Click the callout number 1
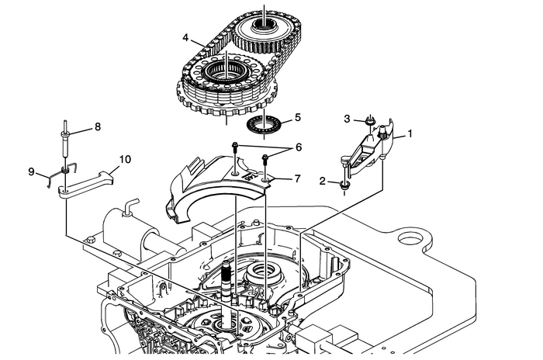pyautogui.click(x=410, y=133)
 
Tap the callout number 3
pyautogui.click(x=349, y=118)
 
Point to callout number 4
pyautogui.click(x=186, y=37)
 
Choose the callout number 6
pyautogui.click(x=298, y=146)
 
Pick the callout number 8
pyautogui.click(x=98, y=126)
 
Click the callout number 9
pyautogui.click(x=33, y=171)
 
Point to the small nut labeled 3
pyautogui.click(x=371, y=120)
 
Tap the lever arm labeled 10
pyautogui.click(x=89, y=185)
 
